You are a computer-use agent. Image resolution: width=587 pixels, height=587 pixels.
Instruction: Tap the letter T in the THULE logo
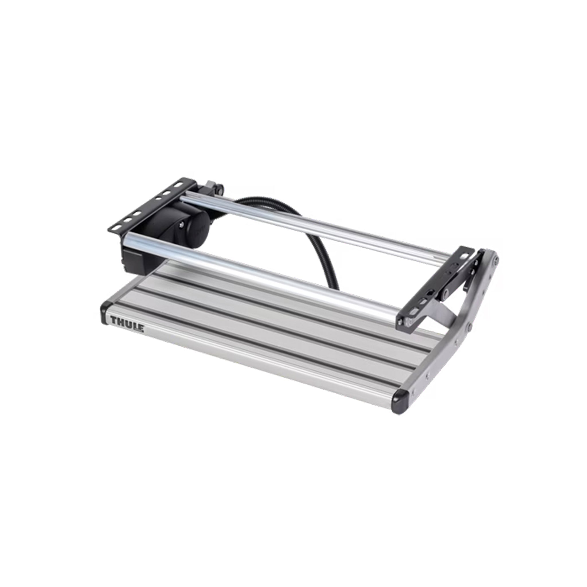(114, 320)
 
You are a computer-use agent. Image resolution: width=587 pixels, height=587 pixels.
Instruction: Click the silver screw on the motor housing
(181, 225)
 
